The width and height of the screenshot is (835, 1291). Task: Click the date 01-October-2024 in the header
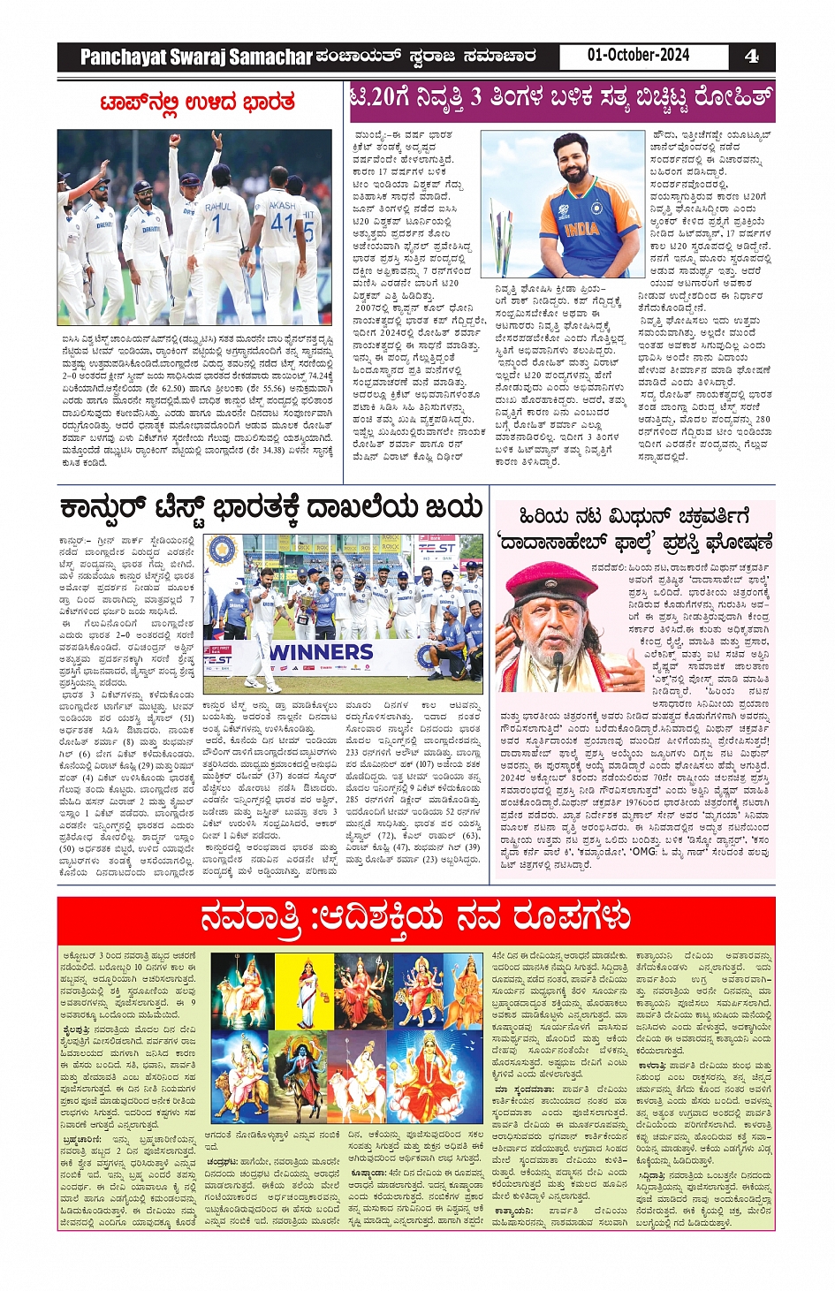pyautogui.click(x=638, y=55)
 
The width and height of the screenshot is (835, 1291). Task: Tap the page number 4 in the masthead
pyautogui.click(x=751, y=57)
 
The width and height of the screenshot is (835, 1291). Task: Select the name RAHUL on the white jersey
pyautogui.click(x=218, y=207)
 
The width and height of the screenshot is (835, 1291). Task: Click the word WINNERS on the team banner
pyautogui.click(x=321, y=652)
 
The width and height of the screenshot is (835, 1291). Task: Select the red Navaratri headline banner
pyautogui.click(x=416, y=919)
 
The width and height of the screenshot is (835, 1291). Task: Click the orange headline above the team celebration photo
pyautogui.click(x=198, y=103)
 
